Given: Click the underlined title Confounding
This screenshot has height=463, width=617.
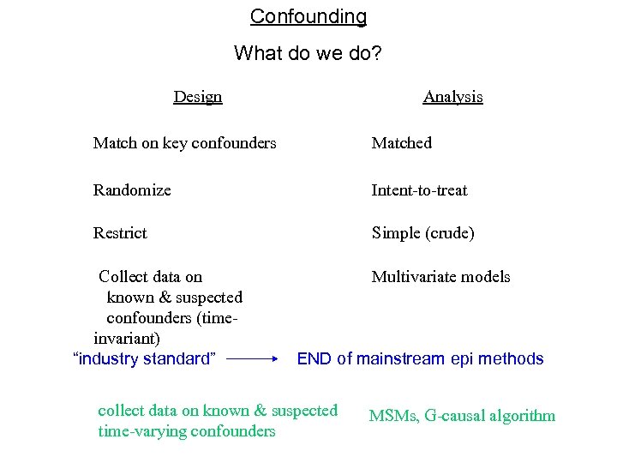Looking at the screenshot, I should click(x=308, y=16).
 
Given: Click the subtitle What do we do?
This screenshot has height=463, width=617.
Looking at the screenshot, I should click(x=308, y=53).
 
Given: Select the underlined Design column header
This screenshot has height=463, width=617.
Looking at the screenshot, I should click(x=197, y=97).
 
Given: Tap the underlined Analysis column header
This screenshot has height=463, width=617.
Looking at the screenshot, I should click(x=452, y=97).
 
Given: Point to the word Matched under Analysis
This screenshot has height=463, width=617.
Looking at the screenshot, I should click(x=401, y=143).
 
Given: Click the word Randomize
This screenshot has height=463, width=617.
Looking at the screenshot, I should click(x=132, y=190).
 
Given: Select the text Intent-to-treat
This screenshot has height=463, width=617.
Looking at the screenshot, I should click(x=419, y=190).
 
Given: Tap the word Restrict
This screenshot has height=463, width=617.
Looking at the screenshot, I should click(x=120, y=233).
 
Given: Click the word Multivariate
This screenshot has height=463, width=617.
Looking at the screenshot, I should click(x=413, y=277).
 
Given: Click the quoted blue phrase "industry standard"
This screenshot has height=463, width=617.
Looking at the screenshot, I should click(x=145, y=358).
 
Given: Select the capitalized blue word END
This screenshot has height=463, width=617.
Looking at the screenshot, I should click(x=314, y=359).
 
